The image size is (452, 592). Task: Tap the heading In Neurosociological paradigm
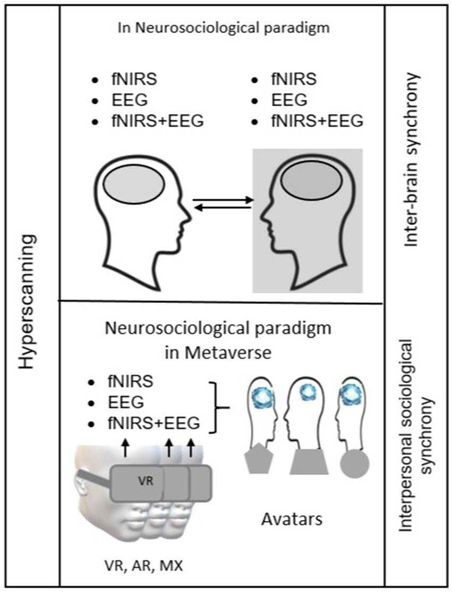tap(223, 28)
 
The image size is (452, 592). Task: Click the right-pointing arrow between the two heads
tap(223, 200)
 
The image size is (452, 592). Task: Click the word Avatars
tap(292, 519)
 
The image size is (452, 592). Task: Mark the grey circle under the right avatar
tap(354, 461)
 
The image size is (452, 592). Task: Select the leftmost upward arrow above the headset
tap(125, 447)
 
